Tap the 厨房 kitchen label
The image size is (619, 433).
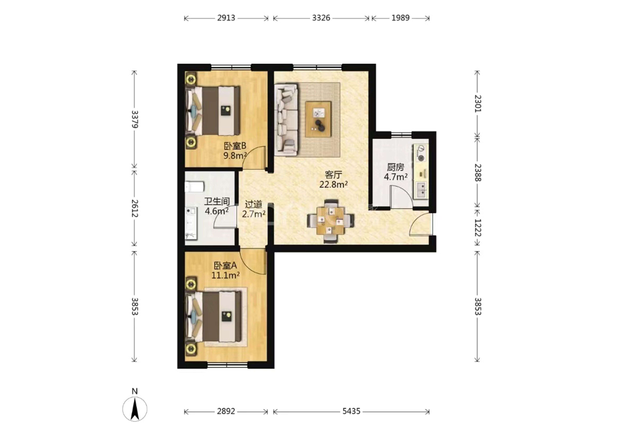pos(396,167)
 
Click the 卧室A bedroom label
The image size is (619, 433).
pos(225,266)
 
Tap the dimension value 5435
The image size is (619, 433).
pos(351,411)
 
